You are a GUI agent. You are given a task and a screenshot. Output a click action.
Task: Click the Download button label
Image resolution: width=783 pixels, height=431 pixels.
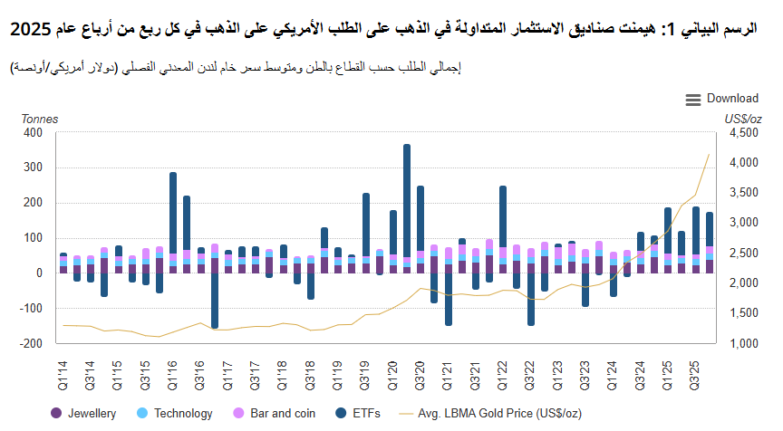[x=732, y=99]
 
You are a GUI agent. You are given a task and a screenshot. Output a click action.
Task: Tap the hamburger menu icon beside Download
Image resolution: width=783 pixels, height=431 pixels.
[x=693, y=100]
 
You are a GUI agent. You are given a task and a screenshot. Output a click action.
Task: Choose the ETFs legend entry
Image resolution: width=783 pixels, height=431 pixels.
[x=355, y=413]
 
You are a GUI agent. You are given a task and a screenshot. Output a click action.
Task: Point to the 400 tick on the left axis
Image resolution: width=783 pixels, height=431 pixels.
[x=33, y=132]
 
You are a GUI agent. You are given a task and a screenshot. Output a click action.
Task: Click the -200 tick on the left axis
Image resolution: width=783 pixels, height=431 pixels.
[x=31, y=343]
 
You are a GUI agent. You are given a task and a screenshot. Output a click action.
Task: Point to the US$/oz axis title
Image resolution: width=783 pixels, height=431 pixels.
[x=742, y=118]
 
